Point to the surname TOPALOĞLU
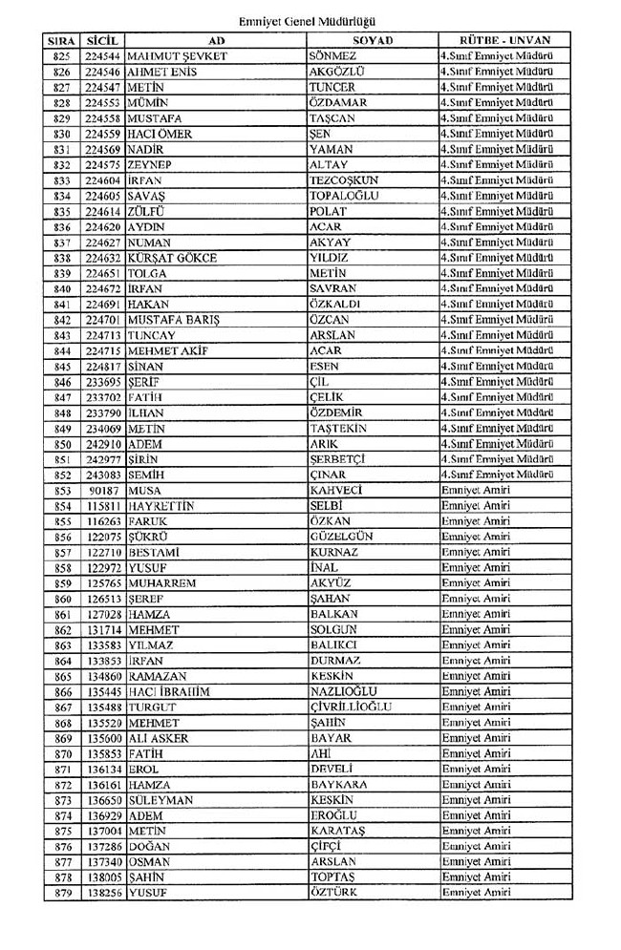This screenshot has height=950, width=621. click(345, 197)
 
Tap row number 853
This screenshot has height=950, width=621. click(62, 491)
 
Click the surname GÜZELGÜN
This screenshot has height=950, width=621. click(341, 538)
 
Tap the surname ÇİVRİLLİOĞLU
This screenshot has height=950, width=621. click(351, 707)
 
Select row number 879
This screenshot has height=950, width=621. click(62, 893)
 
